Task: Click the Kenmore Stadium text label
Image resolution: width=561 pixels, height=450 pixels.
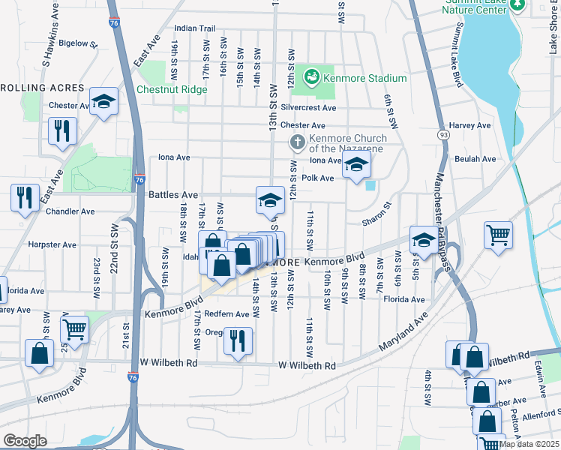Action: [x=366, y=78]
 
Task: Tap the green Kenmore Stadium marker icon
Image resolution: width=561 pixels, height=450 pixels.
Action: [x=311, y=76]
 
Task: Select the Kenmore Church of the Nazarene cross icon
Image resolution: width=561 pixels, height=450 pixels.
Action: [x=297, y=142]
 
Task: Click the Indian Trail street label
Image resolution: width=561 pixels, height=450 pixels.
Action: [x=195, y=28]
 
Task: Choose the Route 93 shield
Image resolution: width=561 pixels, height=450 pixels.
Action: [x=444, y=135]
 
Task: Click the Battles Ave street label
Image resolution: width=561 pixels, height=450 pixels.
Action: [x=173, y=194]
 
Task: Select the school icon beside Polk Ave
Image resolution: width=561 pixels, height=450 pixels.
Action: [x=357, y=166]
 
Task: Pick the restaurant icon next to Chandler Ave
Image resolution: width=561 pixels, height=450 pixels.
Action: [x=25, y=198]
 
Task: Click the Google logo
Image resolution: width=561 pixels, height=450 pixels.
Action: [x=25, y=441]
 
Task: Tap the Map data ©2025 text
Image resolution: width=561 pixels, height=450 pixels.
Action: [x=529, y=444]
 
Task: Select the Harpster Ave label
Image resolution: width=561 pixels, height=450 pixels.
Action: [x=52, y=244]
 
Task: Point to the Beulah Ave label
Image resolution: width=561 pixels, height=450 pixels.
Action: [x=475, y=159]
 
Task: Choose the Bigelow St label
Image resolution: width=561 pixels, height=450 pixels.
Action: [x=79, y=43]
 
